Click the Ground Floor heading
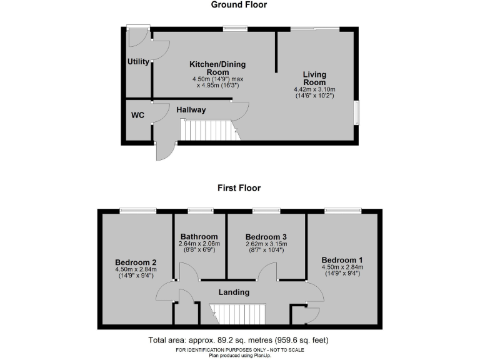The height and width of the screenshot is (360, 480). (239, 5)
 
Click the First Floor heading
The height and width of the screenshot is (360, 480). (239, 187)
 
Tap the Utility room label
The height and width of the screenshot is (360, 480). (138, 62)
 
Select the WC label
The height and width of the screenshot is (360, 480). (137, 116)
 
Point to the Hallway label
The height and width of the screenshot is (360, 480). (191, 110)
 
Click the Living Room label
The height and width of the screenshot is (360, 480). (314, 79)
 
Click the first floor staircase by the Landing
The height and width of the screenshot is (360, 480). (237, 312)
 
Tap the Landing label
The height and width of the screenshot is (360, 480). (234, 292)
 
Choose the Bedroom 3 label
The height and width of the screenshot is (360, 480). (266, 236)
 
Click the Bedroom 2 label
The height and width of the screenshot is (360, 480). (136, 262)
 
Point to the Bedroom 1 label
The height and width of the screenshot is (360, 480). (342, 259)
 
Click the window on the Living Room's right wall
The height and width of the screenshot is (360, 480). (357, 112)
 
